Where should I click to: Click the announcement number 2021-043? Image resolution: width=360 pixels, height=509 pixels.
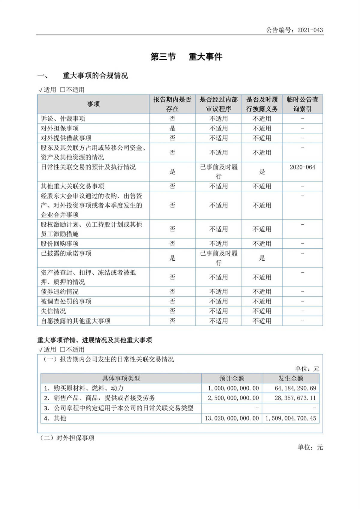click(310, 30)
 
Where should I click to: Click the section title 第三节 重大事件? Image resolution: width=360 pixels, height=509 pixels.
click(186, 57)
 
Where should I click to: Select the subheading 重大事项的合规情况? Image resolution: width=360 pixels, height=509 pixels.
click(95, 76)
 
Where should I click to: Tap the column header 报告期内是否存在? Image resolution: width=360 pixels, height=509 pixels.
click(172, 104)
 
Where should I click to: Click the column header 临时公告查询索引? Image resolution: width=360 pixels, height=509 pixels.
click(302, 104)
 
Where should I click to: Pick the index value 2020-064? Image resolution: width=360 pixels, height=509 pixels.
click(302, 167)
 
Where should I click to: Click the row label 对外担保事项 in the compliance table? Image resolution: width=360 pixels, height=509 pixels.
click(60, 128)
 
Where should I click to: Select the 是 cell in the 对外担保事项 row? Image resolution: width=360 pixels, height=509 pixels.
click(172, 128)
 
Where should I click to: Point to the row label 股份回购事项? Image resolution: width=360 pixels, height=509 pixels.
click(60, 244)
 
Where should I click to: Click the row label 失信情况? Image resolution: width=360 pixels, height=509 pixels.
click(53, 311)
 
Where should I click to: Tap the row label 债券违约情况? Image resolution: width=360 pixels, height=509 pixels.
click(60, 292)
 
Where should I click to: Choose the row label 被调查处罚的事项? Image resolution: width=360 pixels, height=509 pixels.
click(66, 301)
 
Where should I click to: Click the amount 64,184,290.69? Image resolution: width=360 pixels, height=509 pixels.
click(295, 388)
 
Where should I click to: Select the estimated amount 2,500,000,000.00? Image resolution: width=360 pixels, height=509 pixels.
click(233, 398)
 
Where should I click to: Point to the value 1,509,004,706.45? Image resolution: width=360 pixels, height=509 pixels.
click(291, 418)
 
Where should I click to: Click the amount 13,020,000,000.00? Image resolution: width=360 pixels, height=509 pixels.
click(232, 418)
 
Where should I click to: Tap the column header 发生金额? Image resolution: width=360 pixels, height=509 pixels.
click(291, 378)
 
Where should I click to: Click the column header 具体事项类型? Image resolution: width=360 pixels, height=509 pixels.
click(121, 378)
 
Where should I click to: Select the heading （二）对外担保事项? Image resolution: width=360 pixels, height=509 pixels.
click(67, 438)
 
